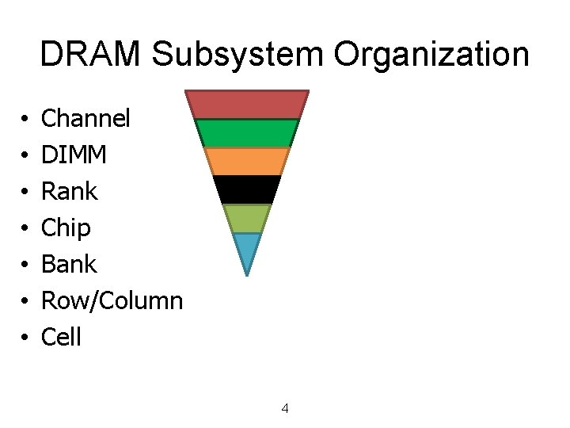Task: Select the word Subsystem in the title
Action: [x=237, y=55]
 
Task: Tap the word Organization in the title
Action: [x=431, y=55]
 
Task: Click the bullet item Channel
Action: [x=85, y=119]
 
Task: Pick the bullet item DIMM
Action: [x=74, y=155]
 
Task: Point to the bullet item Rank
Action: [x=69, y=192]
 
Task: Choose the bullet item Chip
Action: [x=66, y=228]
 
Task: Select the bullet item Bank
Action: [x=69, y=264]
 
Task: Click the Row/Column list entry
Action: [x=112, y=301]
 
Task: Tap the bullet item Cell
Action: [x=61, y=338]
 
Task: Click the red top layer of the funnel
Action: [x=247, y=104]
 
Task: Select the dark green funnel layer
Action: [x=247, y=132]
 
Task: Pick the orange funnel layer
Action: [x=247, y=161]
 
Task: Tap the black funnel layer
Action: [x=247, y=189]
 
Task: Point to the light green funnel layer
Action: [x=247, y=218]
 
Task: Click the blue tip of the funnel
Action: [x=247, y=250]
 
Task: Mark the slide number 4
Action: [x=285, y=409]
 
